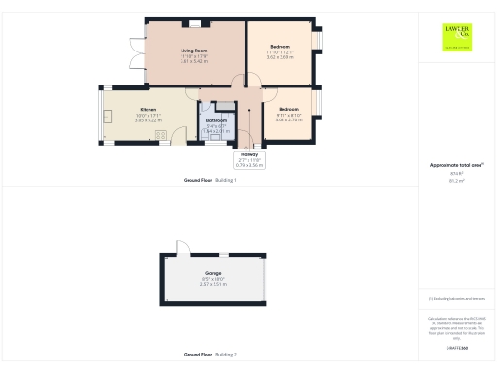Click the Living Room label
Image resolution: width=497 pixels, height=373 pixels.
coord(194,50)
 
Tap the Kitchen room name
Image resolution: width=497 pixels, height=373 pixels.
coord(148,109)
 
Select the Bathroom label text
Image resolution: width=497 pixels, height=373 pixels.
coord(215,120)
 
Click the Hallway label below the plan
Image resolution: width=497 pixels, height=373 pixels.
coord(249,154)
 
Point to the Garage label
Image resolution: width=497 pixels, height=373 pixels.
coord(212,274)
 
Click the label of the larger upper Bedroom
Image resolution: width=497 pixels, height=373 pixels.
coord(280,47)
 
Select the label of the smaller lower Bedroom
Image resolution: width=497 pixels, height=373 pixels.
coord(288,109)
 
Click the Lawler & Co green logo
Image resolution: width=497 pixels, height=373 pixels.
coord(453,36)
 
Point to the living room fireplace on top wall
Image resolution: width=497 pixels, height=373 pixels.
coord(195,23)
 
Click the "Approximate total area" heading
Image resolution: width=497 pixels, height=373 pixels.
coord(453,165)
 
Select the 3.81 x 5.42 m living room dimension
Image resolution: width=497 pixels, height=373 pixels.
coord(194,61)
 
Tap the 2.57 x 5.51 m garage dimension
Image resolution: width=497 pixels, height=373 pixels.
coord(212,285)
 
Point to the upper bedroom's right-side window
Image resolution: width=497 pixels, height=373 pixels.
coord(317,42)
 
